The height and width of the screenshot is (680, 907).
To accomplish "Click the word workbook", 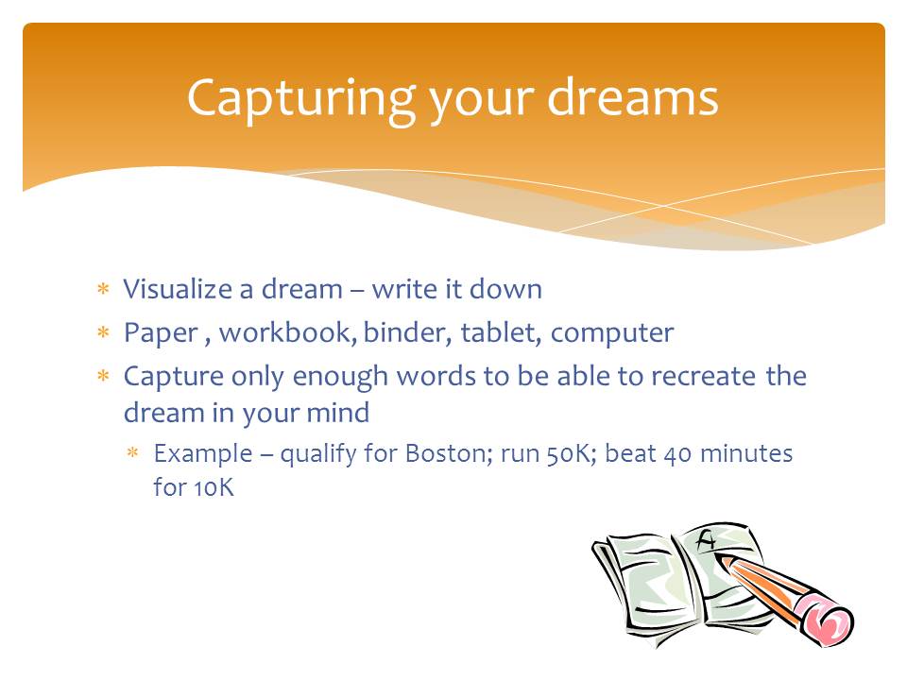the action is [x=288, y=331].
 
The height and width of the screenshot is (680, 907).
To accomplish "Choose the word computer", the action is [x=612, y=333].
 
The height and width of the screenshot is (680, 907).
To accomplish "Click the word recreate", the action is [x=703, y=377].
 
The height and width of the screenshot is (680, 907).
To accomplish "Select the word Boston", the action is [x=449, y=453].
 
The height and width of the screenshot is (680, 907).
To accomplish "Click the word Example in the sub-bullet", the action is [x=203, y=454].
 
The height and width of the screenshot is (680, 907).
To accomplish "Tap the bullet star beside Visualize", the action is [x=103, y=289].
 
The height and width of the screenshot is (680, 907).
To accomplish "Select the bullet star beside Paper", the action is [x=103, y=331].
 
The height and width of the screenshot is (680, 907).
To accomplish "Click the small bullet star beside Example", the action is [x=133, y=452].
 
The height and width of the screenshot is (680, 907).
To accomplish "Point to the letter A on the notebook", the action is [x=707, y=540].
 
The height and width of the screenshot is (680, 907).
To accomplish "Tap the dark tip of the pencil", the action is [x=719, y=558].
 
